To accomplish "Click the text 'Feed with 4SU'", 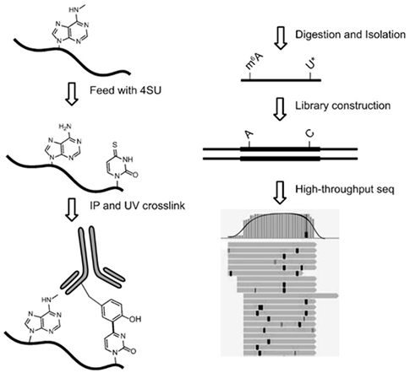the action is click(125, 90).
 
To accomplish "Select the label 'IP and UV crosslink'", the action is click(138, 206).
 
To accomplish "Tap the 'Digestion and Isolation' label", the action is click(350, 35).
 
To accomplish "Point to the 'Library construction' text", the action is click(343, 105).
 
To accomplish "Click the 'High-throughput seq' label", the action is click(345, 189).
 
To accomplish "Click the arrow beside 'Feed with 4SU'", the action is click(72, 95).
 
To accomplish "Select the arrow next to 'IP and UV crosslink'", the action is click(72, 209).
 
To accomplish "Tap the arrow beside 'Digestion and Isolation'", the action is click(280, 38).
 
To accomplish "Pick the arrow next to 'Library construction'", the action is click(280, 109).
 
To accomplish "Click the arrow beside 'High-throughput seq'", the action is click(280, 192).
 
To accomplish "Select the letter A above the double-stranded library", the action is click(249, 135).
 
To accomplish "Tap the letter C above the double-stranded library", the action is click(309, 133).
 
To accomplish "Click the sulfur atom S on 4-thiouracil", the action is click(115, 145).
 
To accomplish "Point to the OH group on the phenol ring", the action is click(134, 319).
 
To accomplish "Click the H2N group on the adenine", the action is click(64, 127).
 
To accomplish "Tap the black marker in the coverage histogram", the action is click(306, 235).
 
